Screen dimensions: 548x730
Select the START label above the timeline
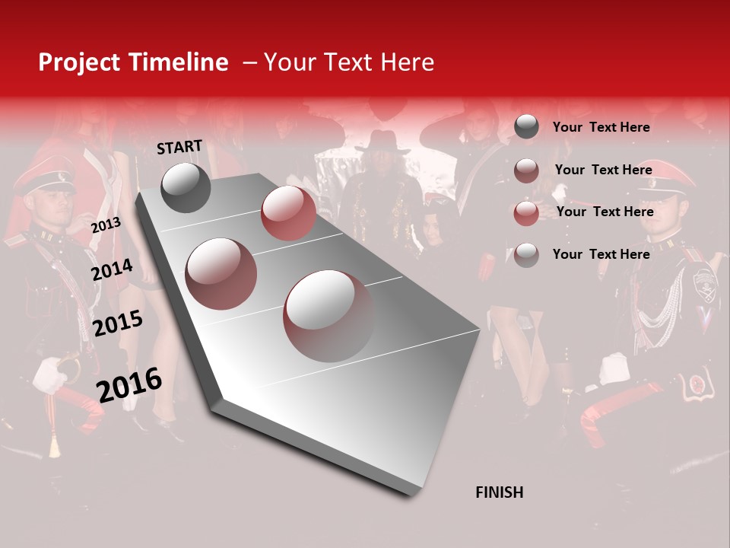click(179, 146)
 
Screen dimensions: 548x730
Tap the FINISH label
click(499, 492)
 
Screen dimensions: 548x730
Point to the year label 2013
click(106, 225)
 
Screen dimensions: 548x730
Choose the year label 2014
click(112, 269)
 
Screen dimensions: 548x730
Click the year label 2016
click(129, 384)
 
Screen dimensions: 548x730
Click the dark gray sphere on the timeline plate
click(186, 187)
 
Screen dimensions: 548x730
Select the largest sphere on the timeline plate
click(328, 315)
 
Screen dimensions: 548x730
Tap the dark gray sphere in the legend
click(526, 126)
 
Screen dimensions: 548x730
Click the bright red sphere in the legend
click(526, 213)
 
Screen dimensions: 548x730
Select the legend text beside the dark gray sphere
click(601, 127)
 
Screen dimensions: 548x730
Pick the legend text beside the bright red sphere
click(605, 212)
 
